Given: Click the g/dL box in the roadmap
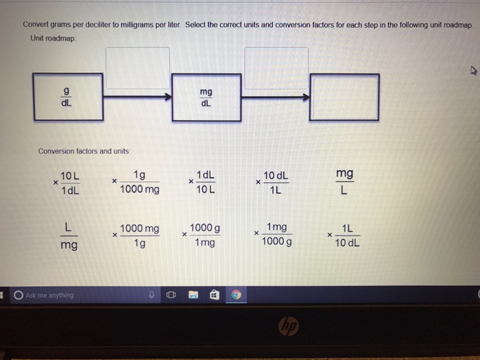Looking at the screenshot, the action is point(68,97).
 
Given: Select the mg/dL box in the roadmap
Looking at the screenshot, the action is point(206,97).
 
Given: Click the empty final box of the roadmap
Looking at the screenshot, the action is point(344,97).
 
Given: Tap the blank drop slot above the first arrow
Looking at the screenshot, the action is point(138,68).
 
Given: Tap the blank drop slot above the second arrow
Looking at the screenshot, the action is point(276,69).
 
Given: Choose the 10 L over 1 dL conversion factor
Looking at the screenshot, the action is point(67,183).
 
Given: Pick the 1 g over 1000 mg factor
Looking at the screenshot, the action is point(136,182).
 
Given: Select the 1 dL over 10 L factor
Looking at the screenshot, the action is point(202,182).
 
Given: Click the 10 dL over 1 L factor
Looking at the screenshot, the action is point(272,182).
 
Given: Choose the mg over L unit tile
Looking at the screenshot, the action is point(345,181).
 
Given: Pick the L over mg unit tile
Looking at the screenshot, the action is point(69,236).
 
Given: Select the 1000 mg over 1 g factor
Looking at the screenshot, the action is point(136,235).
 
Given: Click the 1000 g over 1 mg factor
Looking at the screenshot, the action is point(202,235).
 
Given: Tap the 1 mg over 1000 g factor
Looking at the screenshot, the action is point(273,235).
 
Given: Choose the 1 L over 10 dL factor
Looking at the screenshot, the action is point(344,235).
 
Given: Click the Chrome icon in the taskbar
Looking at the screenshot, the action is point(236,295).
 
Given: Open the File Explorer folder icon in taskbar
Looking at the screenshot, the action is point(193,295).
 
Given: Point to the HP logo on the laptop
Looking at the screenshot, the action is point(289,326).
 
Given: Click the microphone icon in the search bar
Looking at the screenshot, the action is point(152,295).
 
